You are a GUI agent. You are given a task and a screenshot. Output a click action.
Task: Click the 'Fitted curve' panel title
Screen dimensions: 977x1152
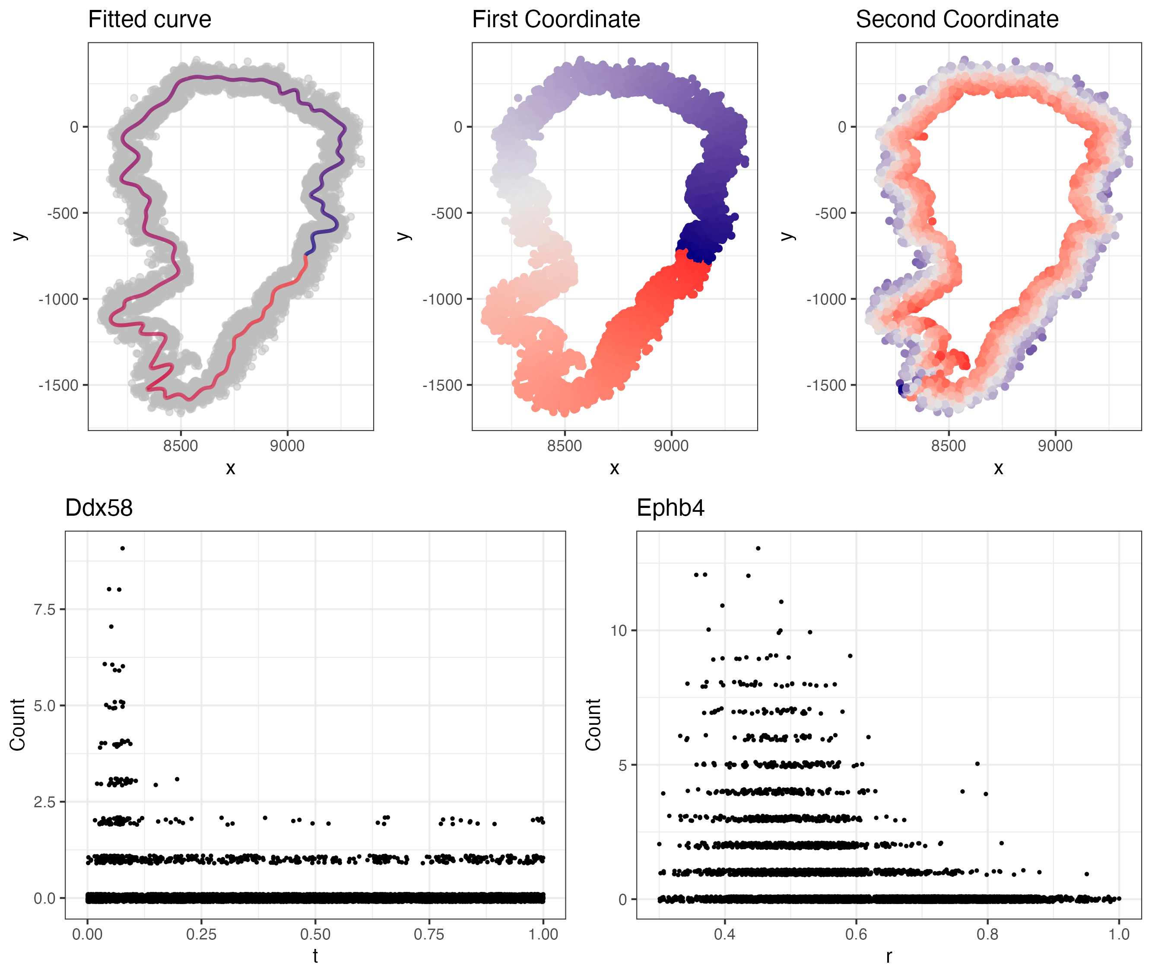click(149, 20)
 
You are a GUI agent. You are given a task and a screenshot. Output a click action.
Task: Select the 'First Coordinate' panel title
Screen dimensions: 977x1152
click(555, 20)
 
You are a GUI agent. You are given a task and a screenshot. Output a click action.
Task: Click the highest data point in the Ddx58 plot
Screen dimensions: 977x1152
click(122, 548)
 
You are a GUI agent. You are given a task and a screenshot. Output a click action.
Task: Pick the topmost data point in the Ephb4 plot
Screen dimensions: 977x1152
click(758, 548)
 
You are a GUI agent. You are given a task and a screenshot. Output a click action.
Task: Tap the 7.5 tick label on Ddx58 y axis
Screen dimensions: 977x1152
click(45, 610)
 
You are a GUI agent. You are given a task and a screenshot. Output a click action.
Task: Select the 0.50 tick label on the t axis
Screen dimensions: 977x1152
click(315, 934)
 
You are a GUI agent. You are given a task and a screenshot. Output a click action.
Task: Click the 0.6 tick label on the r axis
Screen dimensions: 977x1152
click(856, 934)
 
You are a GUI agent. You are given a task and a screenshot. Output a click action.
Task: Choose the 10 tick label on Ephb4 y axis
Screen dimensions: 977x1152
click(619, 630)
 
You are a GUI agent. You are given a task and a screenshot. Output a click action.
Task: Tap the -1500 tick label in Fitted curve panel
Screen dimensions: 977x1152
click(59, 385)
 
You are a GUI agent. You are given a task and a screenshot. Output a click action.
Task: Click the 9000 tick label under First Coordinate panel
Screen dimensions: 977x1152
click(671, 446)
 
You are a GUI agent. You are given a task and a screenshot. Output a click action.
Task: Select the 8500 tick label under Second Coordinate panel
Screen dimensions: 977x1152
click(948, 446)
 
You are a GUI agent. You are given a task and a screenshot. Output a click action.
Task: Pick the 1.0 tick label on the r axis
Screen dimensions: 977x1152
click(1119, 934)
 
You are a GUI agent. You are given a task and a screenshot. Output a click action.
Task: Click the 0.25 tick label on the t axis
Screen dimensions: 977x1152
click(201, 934)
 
